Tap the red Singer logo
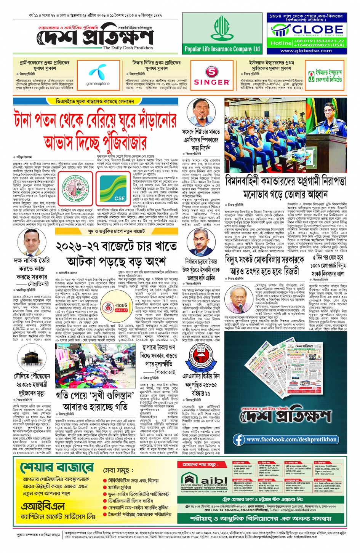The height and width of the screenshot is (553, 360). pyautogui.click(x=211, y=76)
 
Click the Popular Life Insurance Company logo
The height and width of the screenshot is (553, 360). pyautogui.click(x=222, y=34)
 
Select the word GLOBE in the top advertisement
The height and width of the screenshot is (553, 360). pyautogui.click(x=317, y=29)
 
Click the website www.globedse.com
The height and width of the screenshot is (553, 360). pyautogui.click(x=306, y=51)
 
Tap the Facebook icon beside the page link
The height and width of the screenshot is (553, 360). pyautogui.click(x=239, y=440)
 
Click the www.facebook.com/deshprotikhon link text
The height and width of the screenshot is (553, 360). pyautogui.click(x=291, y=440)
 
